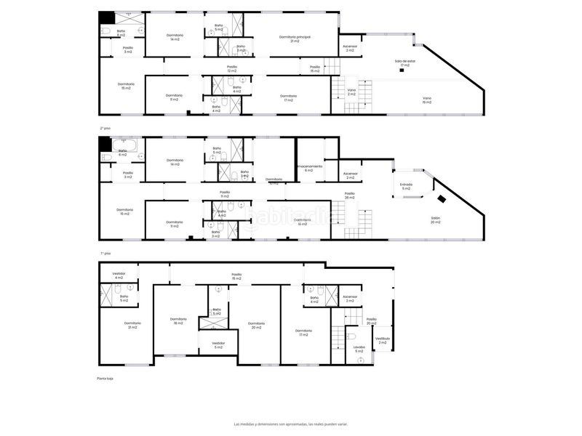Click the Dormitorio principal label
[295, 39]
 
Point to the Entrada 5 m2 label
[406, 186]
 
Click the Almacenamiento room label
[309, 168]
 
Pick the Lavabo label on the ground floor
[359, 349]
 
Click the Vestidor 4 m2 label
[119, 275]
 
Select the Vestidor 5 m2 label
[218, 345]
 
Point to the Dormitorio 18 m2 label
[179, 321]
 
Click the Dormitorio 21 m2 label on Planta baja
[132, 325]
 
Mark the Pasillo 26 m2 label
[349, 195]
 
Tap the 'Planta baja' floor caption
[105, 379]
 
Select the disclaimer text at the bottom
[291, 424]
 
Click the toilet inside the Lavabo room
[350, 336]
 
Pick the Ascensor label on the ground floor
[350, 298]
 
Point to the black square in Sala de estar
[401, 70]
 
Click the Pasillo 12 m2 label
[232, 68]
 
